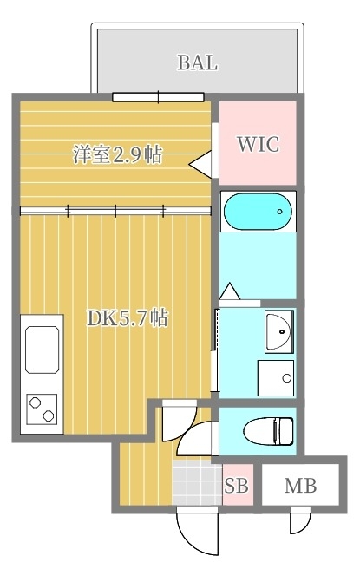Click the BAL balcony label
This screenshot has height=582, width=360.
click(197, 62)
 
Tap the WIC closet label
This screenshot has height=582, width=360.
click(259, 144)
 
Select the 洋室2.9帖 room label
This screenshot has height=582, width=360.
click(118, 155)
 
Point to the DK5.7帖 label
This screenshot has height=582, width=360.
click(127, 317)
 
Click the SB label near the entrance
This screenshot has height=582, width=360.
click(236, 487)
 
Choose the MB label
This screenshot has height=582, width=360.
click(300, 487)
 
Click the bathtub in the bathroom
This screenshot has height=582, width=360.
click(258, 210)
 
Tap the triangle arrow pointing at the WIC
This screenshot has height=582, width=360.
click(201, 162)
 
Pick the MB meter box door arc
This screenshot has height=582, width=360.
click(299, 522)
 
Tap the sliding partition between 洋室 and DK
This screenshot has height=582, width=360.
click(115, 209)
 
